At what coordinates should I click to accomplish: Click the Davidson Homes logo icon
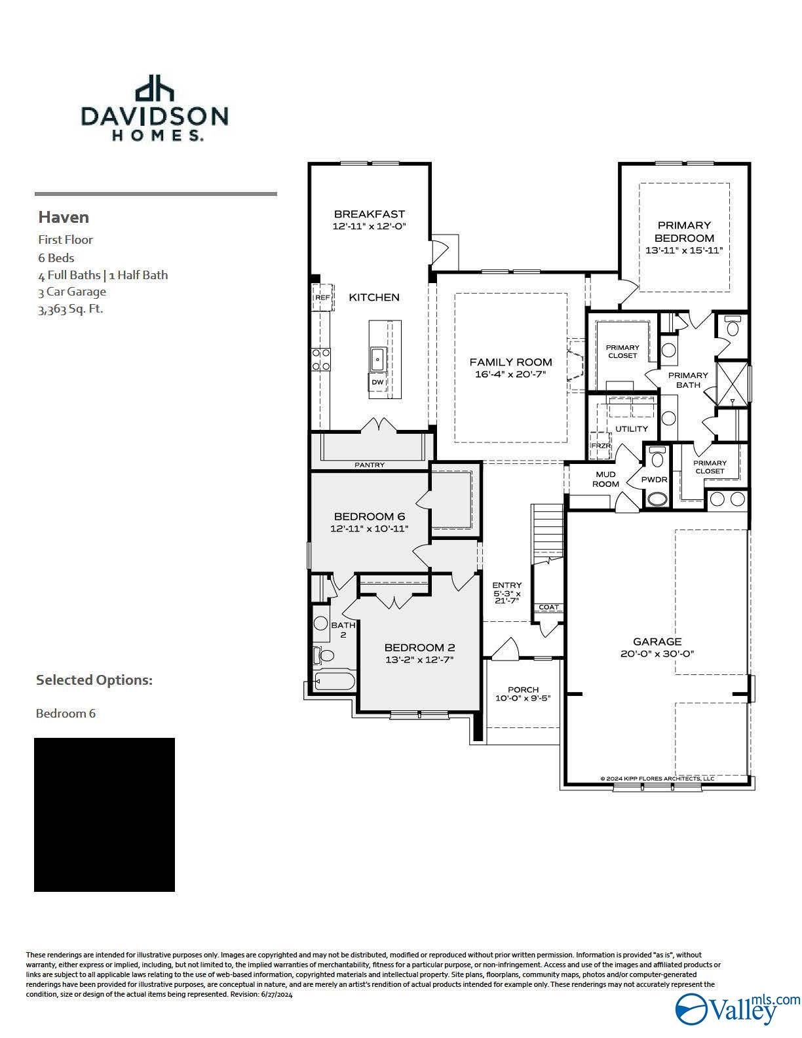pos(155,89)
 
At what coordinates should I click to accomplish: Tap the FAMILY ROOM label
pos(510,362)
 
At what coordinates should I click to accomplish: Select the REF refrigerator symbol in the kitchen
pos(322,297)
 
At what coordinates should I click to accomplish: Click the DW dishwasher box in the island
pos(377,382)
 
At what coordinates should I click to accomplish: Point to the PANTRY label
pos(370,465)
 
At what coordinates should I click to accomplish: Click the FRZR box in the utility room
pos(601,446)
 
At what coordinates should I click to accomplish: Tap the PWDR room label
pos(654,480)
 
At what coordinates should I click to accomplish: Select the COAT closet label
pos(548,607)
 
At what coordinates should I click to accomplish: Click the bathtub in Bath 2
pos(334,680)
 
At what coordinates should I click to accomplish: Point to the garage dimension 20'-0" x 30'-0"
pos(657,653)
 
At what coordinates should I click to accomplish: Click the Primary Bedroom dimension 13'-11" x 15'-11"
pos(684,250)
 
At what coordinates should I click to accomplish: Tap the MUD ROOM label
pos(605,479)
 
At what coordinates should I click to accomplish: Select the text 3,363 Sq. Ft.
pos(71,309)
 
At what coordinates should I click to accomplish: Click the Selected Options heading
pos(94,680)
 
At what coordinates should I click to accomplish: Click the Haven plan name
pos(64,217)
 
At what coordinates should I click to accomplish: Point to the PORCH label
pos(523,689)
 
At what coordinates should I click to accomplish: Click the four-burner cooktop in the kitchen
pos(321,358)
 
